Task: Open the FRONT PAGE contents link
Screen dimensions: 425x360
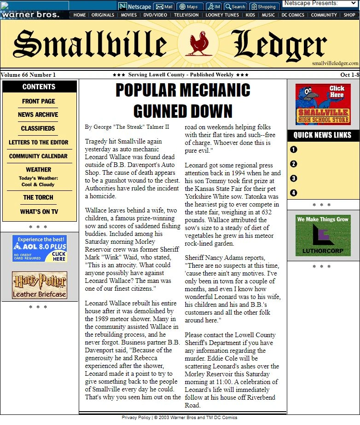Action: pyautogui.click(x=39, y=101)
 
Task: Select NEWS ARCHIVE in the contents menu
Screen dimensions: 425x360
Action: pyautogui.click(x=38, y=115)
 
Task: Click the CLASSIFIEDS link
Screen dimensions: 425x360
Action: pyautogui.click(x=38, y=128)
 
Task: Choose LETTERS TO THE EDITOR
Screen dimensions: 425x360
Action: pyautogui.click(x=38, y=142)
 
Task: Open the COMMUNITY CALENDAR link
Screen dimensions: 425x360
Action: pyautogui.click(x=38, y=156)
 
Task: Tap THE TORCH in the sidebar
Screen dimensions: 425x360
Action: pyautogui.click(x=38, y=197)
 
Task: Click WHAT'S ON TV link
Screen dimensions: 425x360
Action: pyautogui.click(x=39, y=212)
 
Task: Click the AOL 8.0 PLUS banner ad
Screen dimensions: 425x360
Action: pyautogui.click(x=40, y=248)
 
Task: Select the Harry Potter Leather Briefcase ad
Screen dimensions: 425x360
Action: pyautogui.click(x=40, y=285)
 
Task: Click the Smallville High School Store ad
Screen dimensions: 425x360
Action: pyautogui.click(x=323, y=104)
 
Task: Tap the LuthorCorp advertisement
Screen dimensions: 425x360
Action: pyautogui.click(x=323, y=235)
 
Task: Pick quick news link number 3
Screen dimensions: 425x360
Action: pyautogui.click(x=294, y=178)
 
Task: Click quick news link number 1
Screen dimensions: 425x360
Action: pyautogui.click(x=294, y=149)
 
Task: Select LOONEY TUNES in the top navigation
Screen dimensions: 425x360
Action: pyautogui.click(x=222, y=15)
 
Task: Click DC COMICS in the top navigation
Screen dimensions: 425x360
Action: pyautogui.click(x=293, y=15)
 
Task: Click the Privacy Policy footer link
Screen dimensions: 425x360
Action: pyautogui.click(x=136, y=418)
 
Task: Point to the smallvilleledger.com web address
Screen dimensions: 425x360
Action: pyautogui.click(x=335, y=63)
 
